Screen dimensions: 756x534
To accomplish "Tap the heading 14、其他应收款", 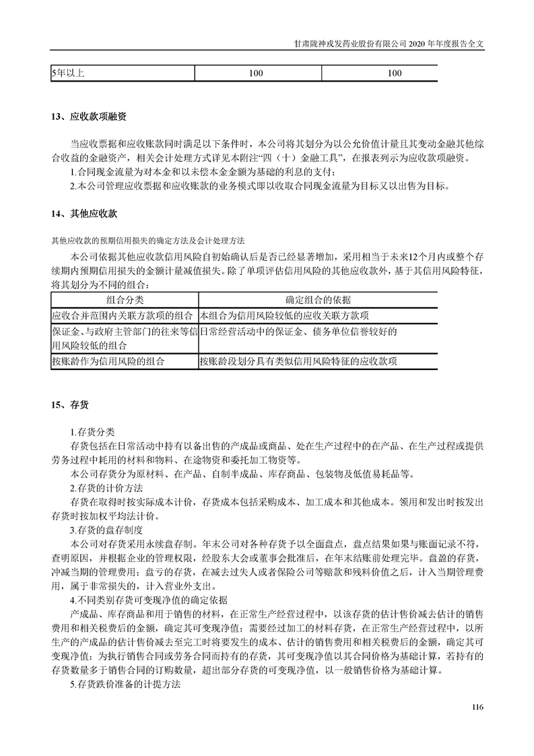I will [84, 214].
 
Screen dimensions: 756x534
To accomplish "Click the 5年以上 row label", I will [68, 73].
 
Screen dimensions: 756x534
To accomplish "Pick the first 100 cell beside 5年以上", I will [256, 73].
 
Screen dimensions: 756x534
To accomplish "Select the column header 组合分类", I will [125, 300].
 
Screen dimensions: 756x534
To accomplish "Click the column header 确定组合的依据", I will [318, 300].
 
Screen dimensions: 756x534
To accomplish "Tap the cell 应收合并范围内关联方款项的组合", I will [124, 315].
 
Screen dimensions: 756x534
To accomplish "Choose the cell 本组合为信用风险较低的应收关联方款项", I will [283, 315].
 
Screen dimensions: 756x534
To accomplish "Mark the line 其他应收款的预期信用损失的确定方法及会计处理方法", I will [149, 241].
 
